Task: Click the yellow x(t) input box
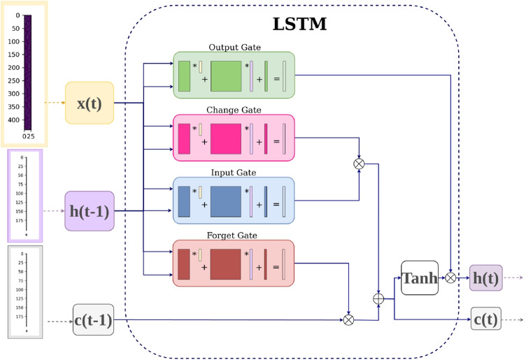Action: tap(90, 103)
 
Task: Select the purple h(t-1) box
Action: tap(90, 211)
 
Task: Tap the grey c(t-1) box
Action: tap(93, 319)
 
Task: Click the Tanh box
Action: tap(420, 278)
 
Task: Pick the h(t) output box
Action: tap(485, 278)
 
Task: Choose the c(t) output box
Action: tap(486, 319)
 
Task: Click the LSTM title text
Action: tap(299, 24)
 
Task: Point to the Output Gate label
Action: tap(235, 48)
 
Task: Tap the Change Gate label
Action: tap(234, 110)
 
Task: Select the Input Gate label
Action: tap(234, 173)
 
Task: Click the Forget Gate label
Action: tap(232, 236)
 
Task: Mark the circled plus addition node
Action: tap(378, 298)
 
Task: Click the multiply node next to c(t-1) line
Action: tap(348, 319)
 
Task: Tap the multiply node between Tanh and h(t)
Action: tap(450, 278)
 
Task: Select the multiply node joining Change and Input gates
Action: tap(359, 164)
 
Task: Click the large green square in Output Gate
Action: tap(226, 76)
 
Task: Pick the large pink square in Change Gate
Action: tap(226, 139)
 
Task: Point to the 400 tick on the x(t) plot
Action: tap(14, 120)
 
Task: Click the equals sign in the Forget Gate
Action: tap(276, 267)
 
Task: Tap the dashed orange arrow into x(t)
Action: tap(55, 103)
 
